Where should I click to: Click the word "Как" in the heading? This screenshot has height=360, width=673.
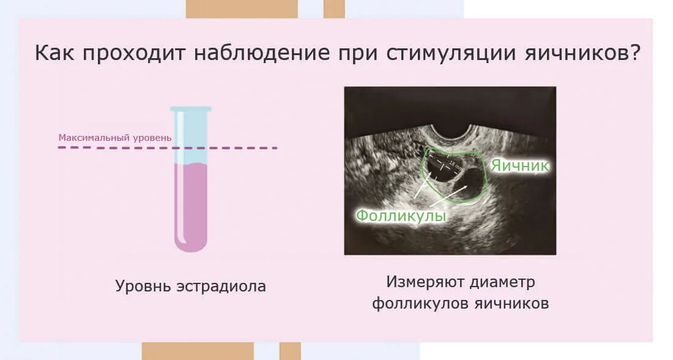coord(54,53)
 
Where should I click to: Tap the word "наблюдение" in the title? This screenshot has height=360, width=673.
coord(262,53)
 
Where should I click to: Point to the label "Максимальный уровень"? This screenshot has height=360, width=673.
coord(115,138)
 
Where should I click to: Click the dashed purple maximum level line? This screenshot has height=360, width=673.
coord(168,148)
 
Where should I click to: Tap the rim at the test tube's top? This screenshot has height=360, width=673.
coord(190,109)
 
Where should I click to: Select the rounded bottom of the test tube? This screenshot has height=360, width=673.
coord(190,244)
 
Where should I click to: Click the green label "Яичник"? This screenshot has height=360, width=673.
coord(520,165)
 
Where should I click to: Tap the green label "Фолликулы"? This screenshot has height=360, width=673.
coord(401,216)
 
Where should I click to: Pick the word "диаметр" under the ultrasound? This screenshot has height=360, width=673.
coord(502,282)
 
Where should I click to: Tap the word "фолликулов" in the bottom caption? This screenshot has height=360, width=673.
coord(420,303)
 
